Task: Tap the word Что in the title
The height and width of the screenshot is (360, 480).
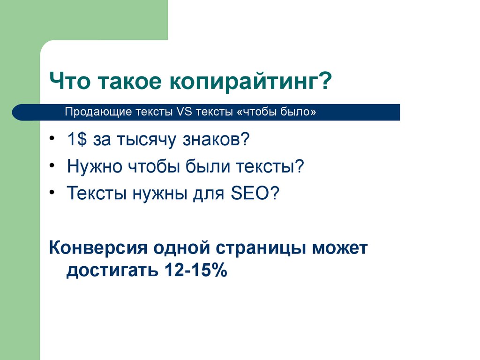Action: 70,81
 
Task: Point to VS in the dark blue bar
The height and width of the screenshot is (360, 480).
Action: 184,112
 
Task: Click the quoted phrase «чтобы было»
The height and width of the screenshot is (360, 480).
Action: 276,112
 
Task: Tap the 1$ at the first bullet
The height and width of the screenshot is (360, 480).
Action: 77,139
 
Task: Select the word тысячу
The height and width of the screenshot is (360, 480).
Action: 147,140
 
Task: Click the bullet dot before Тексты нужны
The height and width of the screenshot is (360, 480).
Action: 52,192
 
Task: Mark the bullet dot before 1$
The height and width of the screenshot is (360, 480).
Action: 52,138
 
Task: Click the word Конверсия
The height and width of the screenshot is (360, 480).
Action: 98,247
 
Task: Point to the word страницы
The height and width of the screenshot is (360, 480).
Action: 261,248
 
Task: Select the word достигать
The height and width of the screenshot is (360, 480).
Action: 112,270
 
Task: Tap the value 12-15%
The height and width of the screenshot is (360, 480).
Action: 196,270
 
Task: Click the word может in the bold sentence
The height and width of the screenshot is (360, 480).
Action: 340,248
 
